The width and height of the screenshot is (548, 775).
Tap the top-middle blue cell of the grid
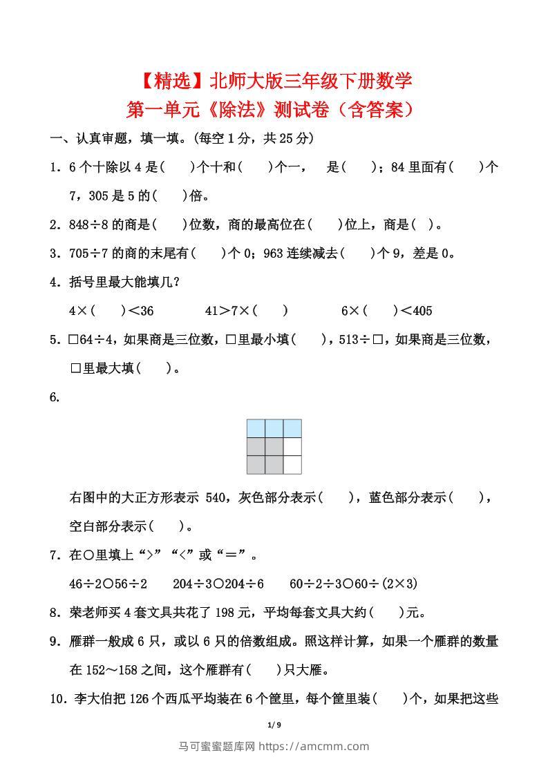point(274,428)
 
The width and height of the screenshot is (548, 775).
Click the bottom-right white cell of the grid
point(292,465)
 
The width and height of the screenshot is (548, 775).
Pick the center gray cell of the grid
point(274,447)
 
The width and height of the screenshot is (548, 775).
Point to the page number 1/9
point(274,725)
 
